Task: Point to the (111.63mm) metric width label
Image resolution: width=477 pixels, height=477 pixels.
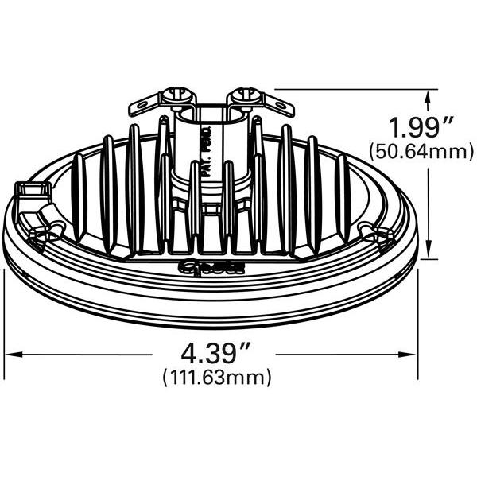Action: [x=216, y=377]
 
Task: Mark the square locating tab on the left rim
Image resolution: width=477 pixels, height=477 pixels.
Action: [x=29, y=191]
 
